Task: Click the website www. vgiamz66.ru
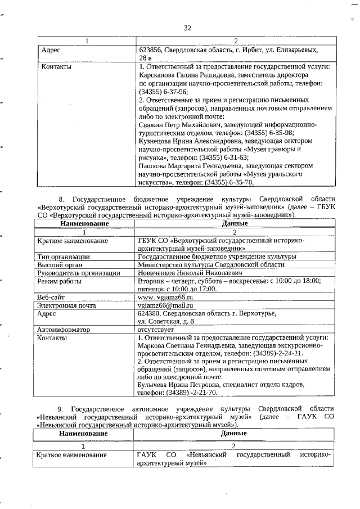[x=165, y=297]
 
